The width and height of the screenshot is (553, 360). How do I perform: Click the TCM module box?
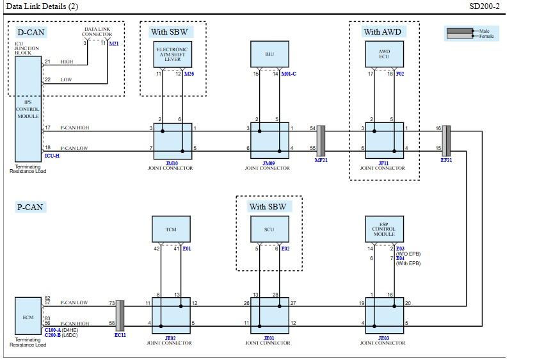pos(171,229)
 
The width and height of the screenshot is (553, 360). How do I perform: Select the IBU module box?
pos(269,54)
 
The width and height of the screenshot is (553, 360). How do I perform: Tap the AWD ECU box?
pos(384,54)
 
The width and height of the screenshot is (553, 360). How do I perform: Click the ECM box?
pos(28,317)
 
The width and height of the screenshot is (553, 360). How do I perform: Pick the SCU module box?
pos(269,229)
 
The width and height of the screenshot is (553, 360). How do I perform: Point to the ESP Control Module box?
pos(384,229)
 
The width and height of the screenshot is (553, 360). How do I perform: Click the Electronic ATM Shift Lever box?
pos(172,54)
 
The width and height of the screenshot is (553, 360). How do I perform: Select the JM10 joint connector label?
pos(172,163)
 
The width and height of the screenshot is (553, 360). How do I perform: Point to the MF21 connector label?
pos(321,160)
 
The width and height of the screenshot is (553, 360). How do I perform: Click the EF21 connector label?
pos(446,160)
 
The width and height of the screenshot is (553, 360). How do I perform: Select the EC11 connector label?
pos(120,334)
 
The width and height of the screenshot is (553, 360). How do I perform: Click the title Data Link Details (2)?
pos(42,6)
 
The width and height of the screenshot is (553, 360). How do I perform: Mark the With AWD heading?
pos(383,31)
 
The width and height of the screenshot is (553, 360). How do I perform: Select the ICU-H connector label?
pos(52,155)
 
